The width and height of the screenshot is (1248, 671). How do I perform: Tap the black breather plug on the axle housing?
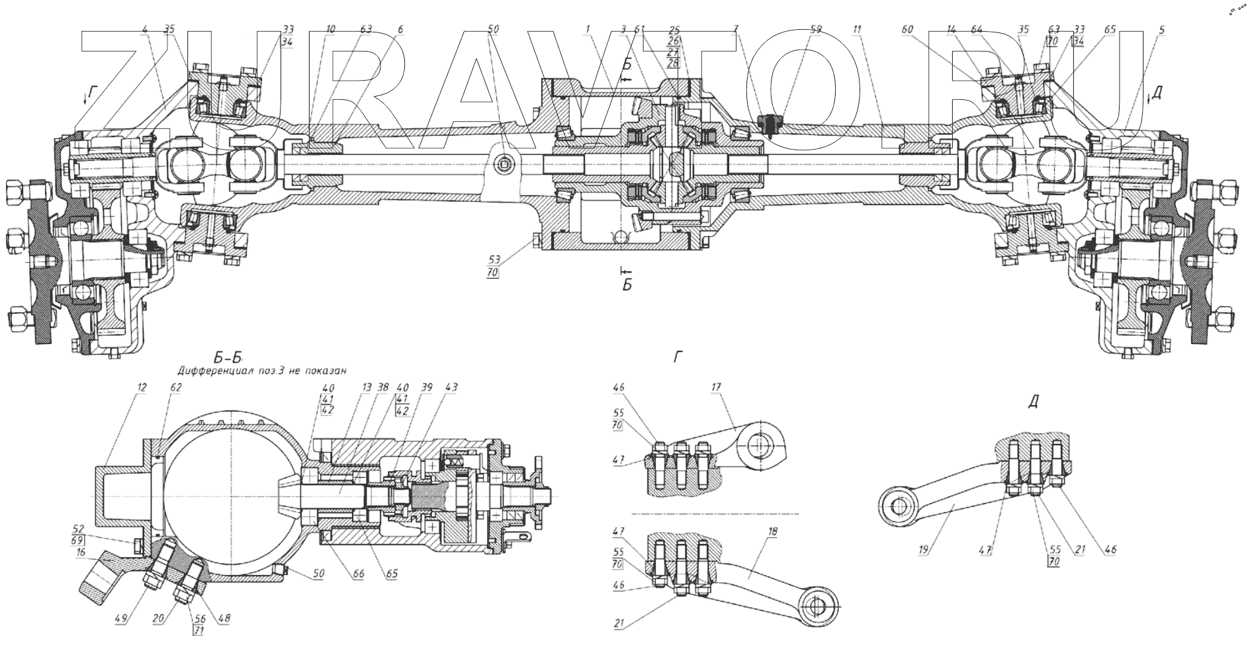click(x=770, y=123)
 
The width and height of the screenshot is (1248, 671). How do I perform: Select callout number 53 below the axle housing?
click(x=493, y=259)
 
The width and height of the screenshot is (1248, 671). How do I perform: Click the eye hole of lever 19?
click(x=897, y=506)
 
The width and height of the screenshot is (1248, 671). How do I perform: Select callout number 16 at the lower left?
click(x=81, y=551)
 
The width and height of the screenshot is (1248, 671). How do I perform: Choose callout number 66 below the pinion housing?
click(x=358, y=574)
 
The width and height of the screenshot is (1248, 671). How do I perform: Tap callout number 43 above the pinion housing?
click(x=452, y=387)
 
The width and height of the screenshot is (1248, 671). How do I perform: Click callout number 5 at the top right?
click(x=1162, y=29)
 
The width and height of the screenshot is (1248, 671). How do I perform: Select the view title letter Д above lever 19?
click(x=1033, y=403)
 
